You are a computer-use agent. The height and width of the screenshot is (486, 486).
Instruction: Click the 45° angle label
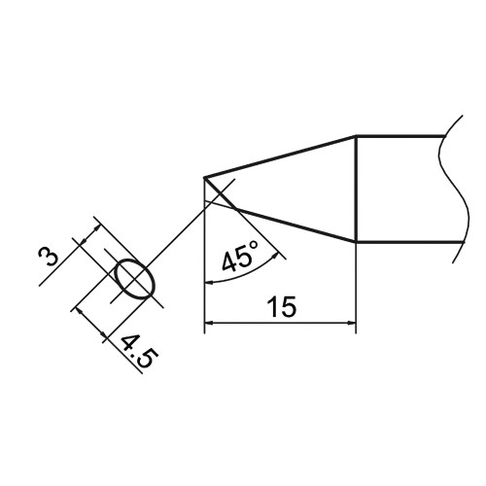point(240,257)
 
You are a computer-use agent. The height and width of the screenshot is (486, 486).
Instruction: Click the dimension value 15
point(282,306)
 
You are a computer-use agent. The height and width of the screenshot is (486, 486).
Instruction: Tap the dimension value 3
point(48,256)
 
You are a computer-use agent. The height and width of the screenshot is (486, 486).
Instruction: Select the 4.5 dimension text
point(140,352)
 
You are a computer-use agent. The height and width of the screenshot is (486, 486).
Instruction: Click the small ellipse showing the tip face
point(135,279)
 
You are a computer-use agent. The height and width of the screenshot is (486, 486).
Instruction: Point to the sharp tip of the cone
point(204,178)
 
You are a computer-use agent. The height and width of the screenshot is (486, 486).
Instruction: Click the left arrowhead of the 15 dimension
point(209,323)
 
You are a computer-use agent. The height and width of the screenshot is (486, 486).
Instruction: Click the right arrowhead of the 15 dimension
point(351,323)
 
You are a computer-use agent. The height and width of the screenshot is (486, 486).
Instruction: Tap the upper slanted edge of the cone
point(280,156)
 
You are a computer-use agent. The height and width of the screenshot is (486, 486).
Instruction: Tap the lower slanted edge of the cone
point(295,225)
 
